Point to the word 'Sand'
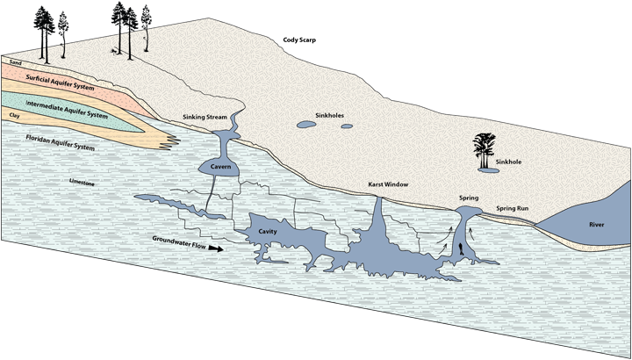14,62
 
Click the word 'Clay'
14,114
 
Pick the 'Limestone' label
82,182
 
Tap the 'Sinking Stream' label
206,117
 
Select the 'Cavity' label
269,232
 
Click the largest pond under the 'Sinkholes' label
306,126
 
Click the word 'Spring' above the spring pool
469,198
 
